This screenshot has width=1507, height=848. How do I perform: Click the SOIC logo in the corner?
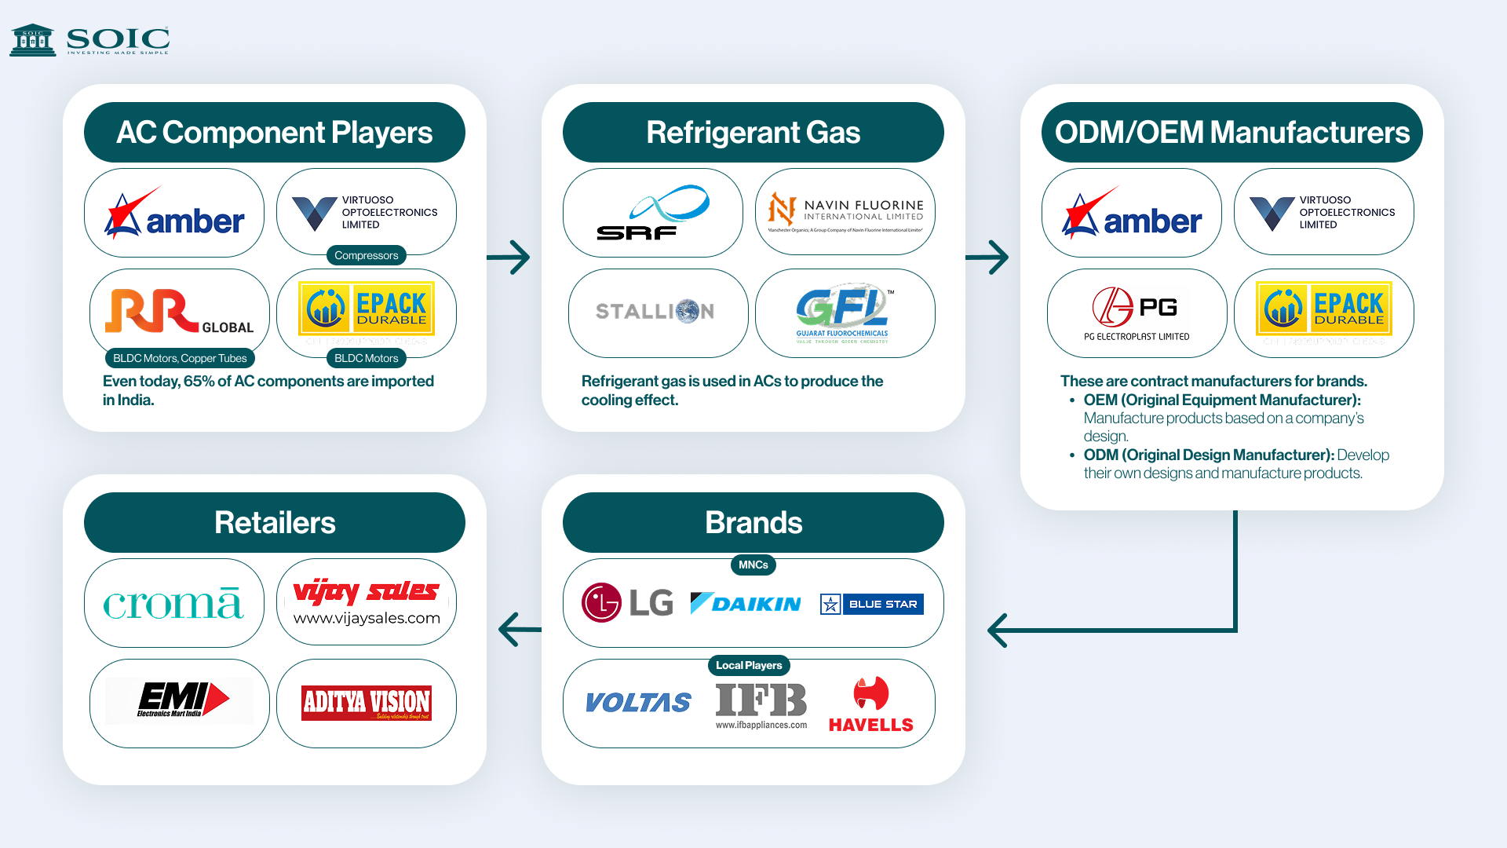pos(89,39)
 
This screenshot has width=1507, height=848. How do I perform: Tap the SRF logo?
pos(653,213)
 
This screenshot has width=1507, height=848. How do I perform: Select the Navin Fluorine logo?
pos(845,212)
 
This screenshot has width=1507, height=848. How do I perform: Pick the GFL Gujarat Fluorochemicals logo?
pos(844,313)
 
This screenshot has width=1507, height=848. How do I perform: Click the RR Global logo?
pos(180,312)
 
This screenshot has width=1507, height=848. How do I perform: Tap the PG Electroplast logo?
pos(1137,313)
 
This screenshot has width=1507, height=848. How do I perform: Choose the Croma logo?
pos(173,603)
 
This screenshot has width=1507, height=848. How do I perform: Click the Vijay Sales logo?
pos(367,602)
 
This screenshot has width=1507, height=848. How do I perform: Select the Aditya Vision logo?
pos(367,703)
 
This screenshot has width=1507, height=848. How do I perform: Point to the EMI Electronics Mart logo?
pos(181,700)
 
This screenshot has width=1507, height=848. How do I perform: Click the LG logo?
pos(627,602)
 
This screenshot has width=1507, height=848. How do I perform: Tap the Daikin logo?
pos(746,603)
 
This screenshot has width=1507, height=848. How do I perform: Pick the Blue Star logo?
pos(871,604)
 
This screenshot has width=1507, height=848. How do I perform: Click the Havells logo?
pos(870,704)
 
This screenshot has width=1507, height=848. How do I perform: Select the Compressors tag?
pos(366,255)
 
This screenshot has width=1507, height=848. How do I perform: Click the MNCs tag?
pos(753,565)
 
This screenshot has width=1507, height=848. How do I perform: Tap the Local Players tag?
pos(749,665)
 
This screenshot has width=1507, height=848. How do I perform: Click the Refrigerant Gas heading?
pos(753,133)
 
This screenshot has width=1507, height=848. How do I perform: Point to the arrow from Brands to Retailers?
pos(519,629)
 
